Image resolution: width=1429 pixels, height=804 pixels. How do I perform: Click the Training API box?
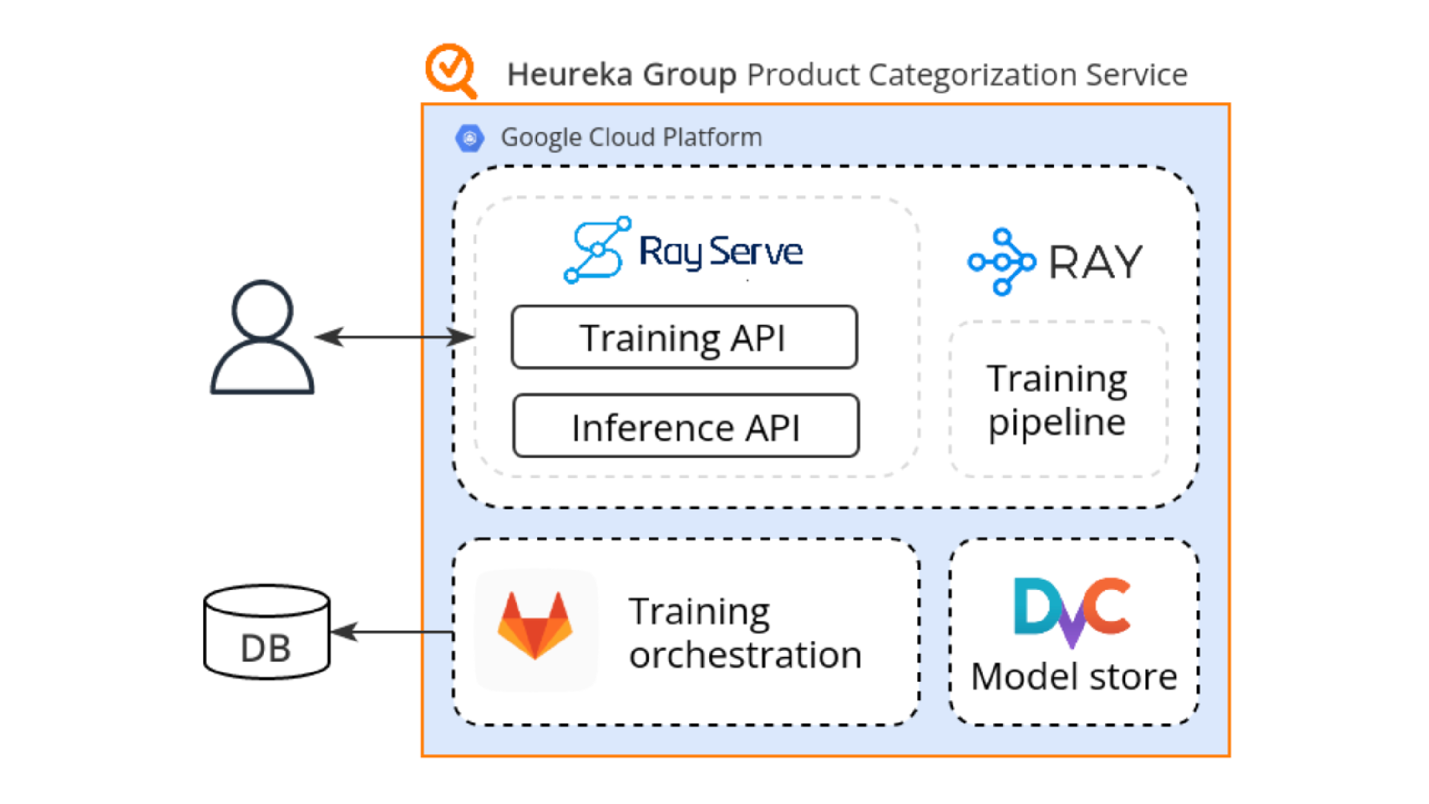683,337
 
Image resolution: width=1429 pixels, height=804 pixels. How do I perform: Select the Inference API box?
686,426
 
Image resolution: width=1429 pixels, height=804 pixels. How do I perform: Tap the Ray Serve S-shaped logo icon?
597,250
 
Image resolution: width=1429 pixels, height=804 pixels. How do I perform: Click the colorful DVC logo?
1072,611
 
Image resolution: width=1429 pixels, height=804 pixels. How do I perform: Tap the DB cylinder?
267,632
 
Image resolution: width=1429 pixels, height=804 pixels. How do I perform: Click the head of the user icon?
262,309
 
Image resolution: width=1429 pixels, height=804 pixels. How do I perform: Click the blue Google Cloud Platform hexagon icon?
469,138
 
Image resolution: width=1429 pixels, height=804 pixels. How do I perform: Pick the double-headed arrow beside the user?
395,337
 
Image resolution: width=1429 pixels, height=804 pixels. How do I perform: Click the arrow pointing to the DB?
392,631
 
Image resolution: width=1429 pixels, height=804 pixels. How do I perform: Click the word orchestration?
745,655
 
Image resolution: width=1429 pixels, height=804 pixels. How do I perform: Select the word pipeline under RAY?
1057,423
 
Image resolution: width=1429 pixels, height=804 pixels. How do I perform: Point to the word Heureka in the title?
570,75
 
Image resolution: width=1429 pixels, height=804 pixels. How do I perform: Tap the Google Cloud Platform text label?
631,138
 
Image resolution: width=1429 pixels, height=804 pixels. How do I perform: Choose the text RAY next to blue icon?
1095,263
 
